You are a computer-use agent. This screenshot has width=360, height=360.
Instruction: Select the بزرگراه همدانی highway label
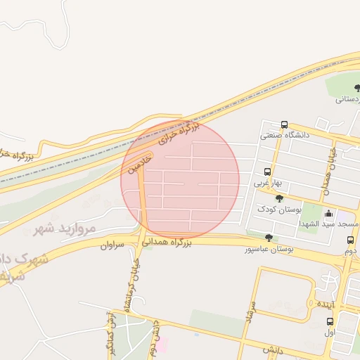(167, 243)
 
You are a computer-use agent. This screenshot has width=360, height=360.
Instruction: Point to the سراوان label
(112, 245)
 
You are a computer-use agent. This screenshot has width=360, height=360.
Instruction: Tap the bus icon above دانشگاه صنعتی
(284, 124)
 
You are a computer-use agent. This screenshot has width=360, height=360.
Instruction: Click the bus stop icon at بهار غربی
(267, 172)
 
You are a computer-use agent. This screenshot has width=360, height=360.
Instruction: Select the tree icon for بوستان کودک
(279, 199)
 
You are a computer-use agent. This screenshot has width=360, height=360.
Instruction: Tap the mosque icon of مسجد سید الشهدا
(329, 213)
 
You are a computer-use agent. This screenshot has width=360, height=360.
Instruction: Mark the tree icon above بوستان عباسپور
(269, 238)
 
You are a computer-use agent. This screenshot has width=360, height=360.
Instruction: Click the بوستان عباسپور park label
(269, 248)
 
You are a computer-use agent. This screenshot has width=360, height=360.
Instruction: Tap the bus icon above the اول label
(330, 321)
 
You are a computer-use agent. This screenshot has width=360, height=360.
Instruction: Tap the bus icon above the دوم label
(349, 240)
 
